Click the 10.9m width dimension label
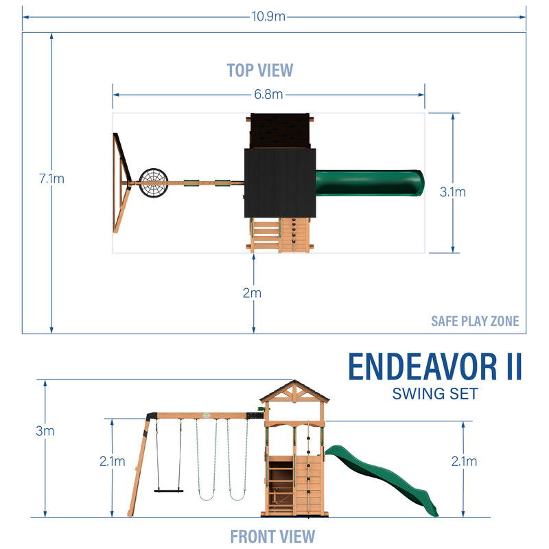[274, 16]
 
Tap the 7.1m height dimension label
[52, 178]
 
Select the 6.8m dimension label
[268, 95]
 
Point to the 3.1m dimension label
[452, 192]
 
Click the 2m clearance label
[253, 293]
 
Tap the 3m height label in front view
[45, 431]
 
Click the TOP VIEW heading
[259, 70]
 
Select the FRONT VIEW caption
[272, 536]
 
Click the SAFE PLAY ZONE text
[475, 320]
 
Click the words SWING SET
[435, 394]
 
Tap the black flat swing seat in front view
[170, 490]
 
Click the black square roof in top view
[279, 181]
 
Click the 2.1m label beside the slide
[463, 461]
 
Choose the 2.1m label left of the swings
[113, 461]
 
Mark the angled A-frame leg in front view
[139, 467]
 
